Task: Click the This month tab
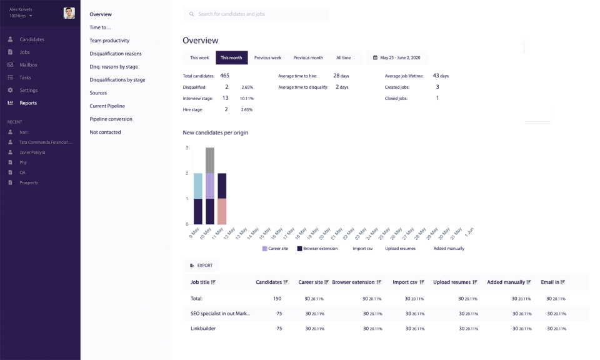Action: pyautogui.click(x=231, y=57)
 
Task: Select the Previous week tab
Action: pyautogui.click(x=267, y=57)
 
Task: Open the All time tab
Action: pyautogui.click(x=343, y=57)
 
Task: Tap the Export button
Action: pyautogui.click(x=201, y=266)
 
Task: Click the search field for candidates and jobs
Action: pyautogui.click(x=256, y=14)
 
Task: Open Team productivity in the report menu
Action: pyautogui.click(x=109, y=41)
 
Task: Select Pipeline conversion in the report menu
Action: pyautogui.click(x=111, y=119)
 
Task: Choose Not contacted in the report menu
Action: pyautogui.click(x=105, y=132)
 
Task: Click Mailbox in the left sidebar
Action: pyautogui.click(x=28, y=65)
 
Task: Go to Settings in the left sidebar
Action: pyautogui.click(x=28, y=91)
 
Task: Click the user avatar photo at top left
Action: pyautogui.click(x=69, y=13)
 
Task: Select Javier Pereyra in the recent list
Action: pyautogui.click(x=32, y=152)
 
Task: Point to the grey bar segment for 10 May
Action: pyautogui.click(x=210, y=160)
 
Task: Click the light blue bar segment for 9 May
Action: pyautogui.click(x=197, y=186)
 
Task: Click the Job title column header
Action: pyautogui.click(x=202, y=282)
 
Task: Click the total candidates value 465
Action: pyautogui.click(x=224, y=76)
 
